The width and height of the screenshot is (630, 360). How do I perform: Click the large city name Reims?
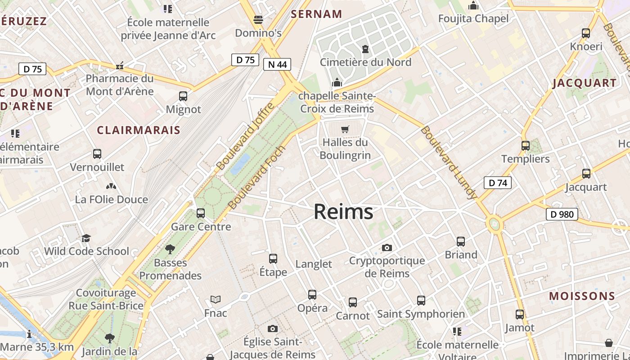click(x=343, y=211)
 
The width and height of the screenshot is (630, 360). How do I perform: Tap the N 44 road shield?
click(x=277, y=64)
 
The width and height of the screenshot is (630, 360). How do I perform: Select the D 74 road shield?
click(x=498, y=183)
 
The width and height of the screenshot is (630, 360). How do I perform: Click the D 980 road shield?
click(x=562, y=214)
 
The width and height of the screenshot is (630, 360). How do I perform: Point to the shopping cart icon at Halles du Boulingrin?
click(x=345, y=130)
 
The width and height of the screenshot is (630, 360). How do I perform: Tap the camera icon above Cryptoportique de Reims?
click(x=387, y=247)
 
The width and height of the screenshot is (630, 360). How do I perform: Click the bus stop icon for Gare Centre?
click(x=201, y=213)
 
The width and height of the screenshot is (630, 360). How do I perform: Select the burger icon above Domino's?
click(x=258, y=20)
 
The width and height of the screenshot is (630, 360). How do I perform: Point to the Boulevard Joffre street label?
click(x=245, y=136)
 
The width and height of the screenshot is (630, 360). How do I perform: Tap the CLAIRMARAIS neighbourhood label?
click(x=139, y=130)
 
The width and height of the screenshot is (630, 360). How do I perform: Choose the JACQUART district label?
click(x=585, y=83)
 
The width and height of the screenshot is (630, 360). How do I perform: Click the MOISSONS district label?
click(x=582, y=296)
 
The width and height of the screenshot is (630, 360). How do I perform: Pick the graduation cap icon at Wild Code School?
click(x=86, y=238)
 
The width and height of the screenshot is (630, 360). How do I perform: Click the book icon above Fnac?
click(x=216, y=300)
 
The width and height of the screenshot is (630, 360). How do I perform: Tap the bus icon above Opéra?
click(x=312, y=295)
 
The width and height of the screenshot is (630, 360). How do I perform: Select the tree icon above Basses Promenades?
click(x=170, y=249)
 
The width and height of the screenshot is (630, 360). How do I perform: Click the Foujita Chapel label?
click(x=473, y=18)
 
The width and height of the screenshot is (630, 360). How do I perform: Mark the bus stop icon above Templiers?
click(x=526, y=146)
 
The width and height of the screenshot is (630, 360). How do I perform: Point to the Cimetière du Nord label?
click(x=365, y=62)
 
